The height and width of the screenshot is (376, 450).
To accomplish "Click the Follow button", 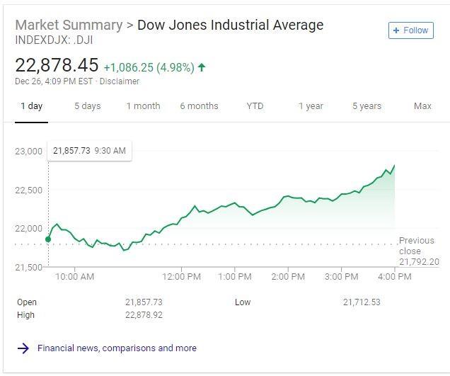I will pos(410,30).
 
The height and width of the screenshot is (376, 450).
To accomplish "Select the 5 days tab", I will pos(88,106).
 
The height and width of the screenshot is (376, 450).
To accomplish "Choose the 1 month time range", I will pos(143,106).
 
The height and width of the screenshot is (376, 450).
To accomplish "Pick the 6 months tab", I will pos(199,106).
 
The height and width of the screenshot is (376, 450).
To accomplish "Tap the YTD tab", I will pos(255,106).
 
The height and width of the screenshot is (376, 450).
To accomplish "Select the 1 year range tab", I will pos(311,106).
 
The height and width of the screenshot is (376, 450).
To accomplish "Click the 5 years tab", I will pos(367,106).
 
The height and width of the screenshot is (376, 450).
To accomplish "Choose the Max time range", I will pos(422,106).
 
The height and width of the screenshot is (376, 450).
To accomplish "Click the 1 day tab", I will pos(31,106).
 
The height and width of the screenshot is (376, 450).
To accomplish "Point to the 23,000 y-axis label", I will pos(29,152).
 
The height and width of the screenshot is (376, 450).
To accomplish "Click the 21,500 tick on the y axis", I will pos(29,267).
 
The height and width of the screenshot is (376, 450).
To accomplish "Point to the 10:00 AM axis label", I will pos(75,277).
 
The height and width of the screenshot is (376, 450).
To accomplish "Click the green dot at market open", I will pos(48,239).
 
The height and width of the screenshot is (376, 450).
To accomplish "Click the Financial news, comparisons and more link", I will pos(117,348).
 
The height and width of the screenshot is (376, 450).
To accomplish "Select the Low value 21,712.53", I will pos(362,302).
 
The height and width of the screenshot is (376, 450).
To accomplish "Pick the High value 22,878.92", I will pos(144,315).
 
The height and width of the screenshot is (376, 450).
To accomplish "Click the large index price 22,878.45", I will pos(57,66).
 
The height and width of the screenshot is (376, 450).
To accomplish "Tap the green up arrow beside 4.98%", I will pos(202,67).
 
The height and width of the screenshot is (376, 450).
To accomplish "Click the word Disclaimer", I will pos(120,81).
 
